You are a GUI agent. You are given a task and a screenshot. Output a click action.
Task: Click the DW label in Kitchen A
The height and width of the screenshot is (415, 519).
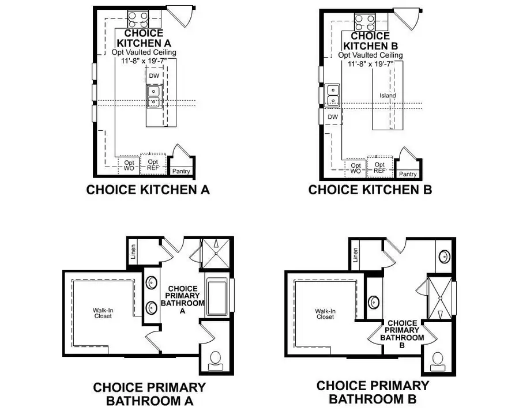(154, 76)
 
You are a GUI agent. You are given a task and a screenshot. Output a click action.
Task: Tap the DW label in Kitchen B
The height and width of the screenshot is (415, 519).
(332, 116)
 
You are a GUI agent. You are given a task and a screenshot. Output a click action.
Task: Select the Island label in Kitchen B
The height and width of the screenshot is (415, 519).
(388, 96)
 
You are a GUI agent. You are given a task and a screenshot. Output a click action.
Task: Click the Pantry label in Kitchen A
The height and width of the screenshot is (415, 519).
(180, 171)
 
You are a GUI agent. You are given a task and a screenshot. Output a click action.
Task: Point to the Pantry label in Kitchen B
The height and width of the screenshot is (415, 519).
(408, 174)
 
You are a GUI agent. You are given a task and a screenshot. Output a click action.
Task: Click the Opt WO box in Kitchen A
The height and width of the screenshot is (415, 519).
(129, 165)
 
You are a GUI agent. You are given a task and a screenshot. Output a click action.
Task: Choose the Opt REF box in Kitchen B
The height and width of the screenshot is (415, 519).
(379, 168)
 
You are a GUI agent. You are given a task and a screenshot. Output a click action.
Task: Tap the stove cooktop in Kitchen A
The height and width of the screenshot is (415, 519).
(138, 21)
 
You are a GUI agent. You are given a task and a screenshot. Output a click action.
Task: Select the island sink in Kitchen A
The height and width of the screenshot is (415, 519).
(153, 96)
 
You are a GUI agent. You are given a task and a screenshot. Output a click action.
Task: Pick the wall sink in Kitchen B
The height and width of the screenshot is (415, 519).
(333, 96)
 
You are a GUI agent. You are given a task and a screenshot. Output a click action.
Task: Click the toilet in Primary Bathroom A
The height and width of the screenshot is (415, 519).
(216, 359)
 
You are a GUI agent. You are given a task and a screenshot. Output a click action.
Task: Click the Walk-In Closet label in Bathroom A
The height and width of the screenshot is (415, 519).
(103, 313)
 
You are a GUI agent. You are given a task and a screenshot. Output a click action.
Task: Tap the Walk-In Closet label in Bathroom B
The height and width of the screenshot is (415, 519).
(325, 314)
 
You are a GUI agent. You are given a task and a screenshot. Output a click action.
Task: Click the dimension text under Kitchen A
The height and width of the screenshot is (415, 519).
(144, 61)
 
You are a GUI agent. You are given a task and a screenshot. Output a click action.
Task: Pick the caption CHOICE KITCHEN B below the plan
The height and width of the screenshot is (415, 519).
(370, 190)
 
